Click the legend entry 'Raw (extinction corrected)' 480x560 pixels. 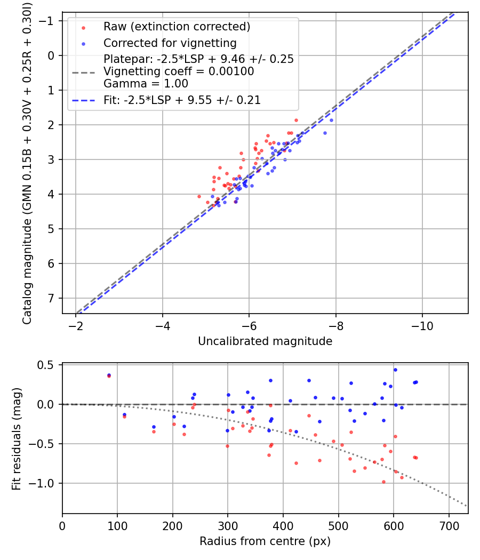pyautogui.click(x=177, y=27)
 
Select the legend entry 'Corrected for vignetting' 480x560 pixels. pyautogui.click(x=170, y=43)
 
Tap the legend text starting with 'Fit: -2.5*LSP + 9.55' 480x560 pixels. pyautogui.click(x=182, y=100)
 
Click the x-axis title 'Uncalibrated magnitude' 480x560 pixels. pyautogui.click(x=265, y=341)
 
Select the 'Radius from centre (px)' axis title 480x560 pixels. pyautogui.click(x=265, y=541)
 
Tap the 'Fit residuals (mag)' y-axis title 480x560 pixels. pyautogui.click(x=17, y=438)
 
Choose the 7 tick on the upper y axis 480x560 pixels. pyautogui.click(x=51, y=298)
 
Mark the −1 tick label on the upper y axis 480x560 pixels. pyautogui.click(x=49, y=21)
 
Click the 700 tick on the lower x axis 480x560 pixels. pyautogui.click(x=449, y=525)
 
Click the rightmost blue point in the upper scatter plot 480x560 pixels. pyautogui.click(x=331, y=120)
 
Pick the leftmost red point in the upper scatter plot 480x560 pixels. pyautogui.click(x=199, y=196)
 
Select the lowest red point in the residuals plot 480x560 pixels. pyautogui.click(x=383, y=482)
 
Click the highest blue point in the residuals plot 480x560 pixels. pyautogui.click(x=395, y=370)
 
